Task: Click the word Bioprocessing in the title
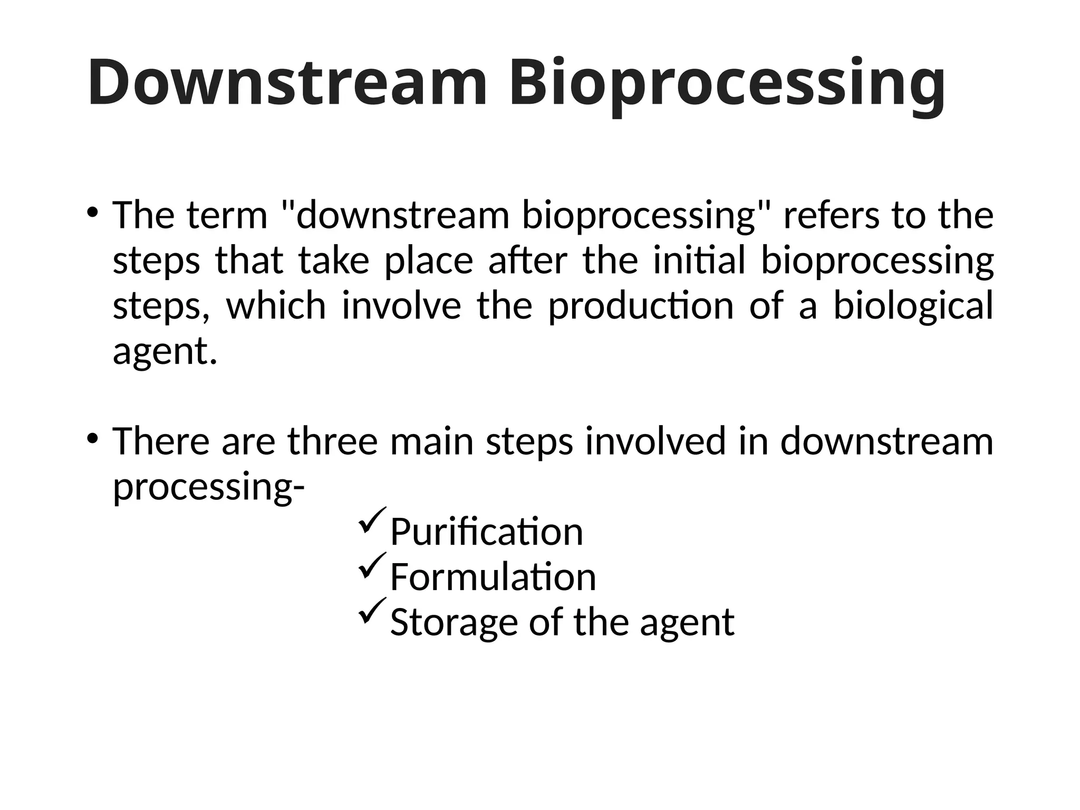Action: (727, 84)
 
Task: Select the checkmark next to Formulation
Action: (372, 566)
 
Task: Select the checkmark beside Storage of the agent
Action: (372, 612)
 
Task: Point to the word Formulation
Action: (493, 577)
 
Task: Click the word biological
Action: (913, 306)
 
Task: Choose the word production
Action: (641, 306)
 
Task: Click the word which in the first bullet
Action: (276, 306)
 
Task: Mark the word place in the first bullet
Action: (429, 261)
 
